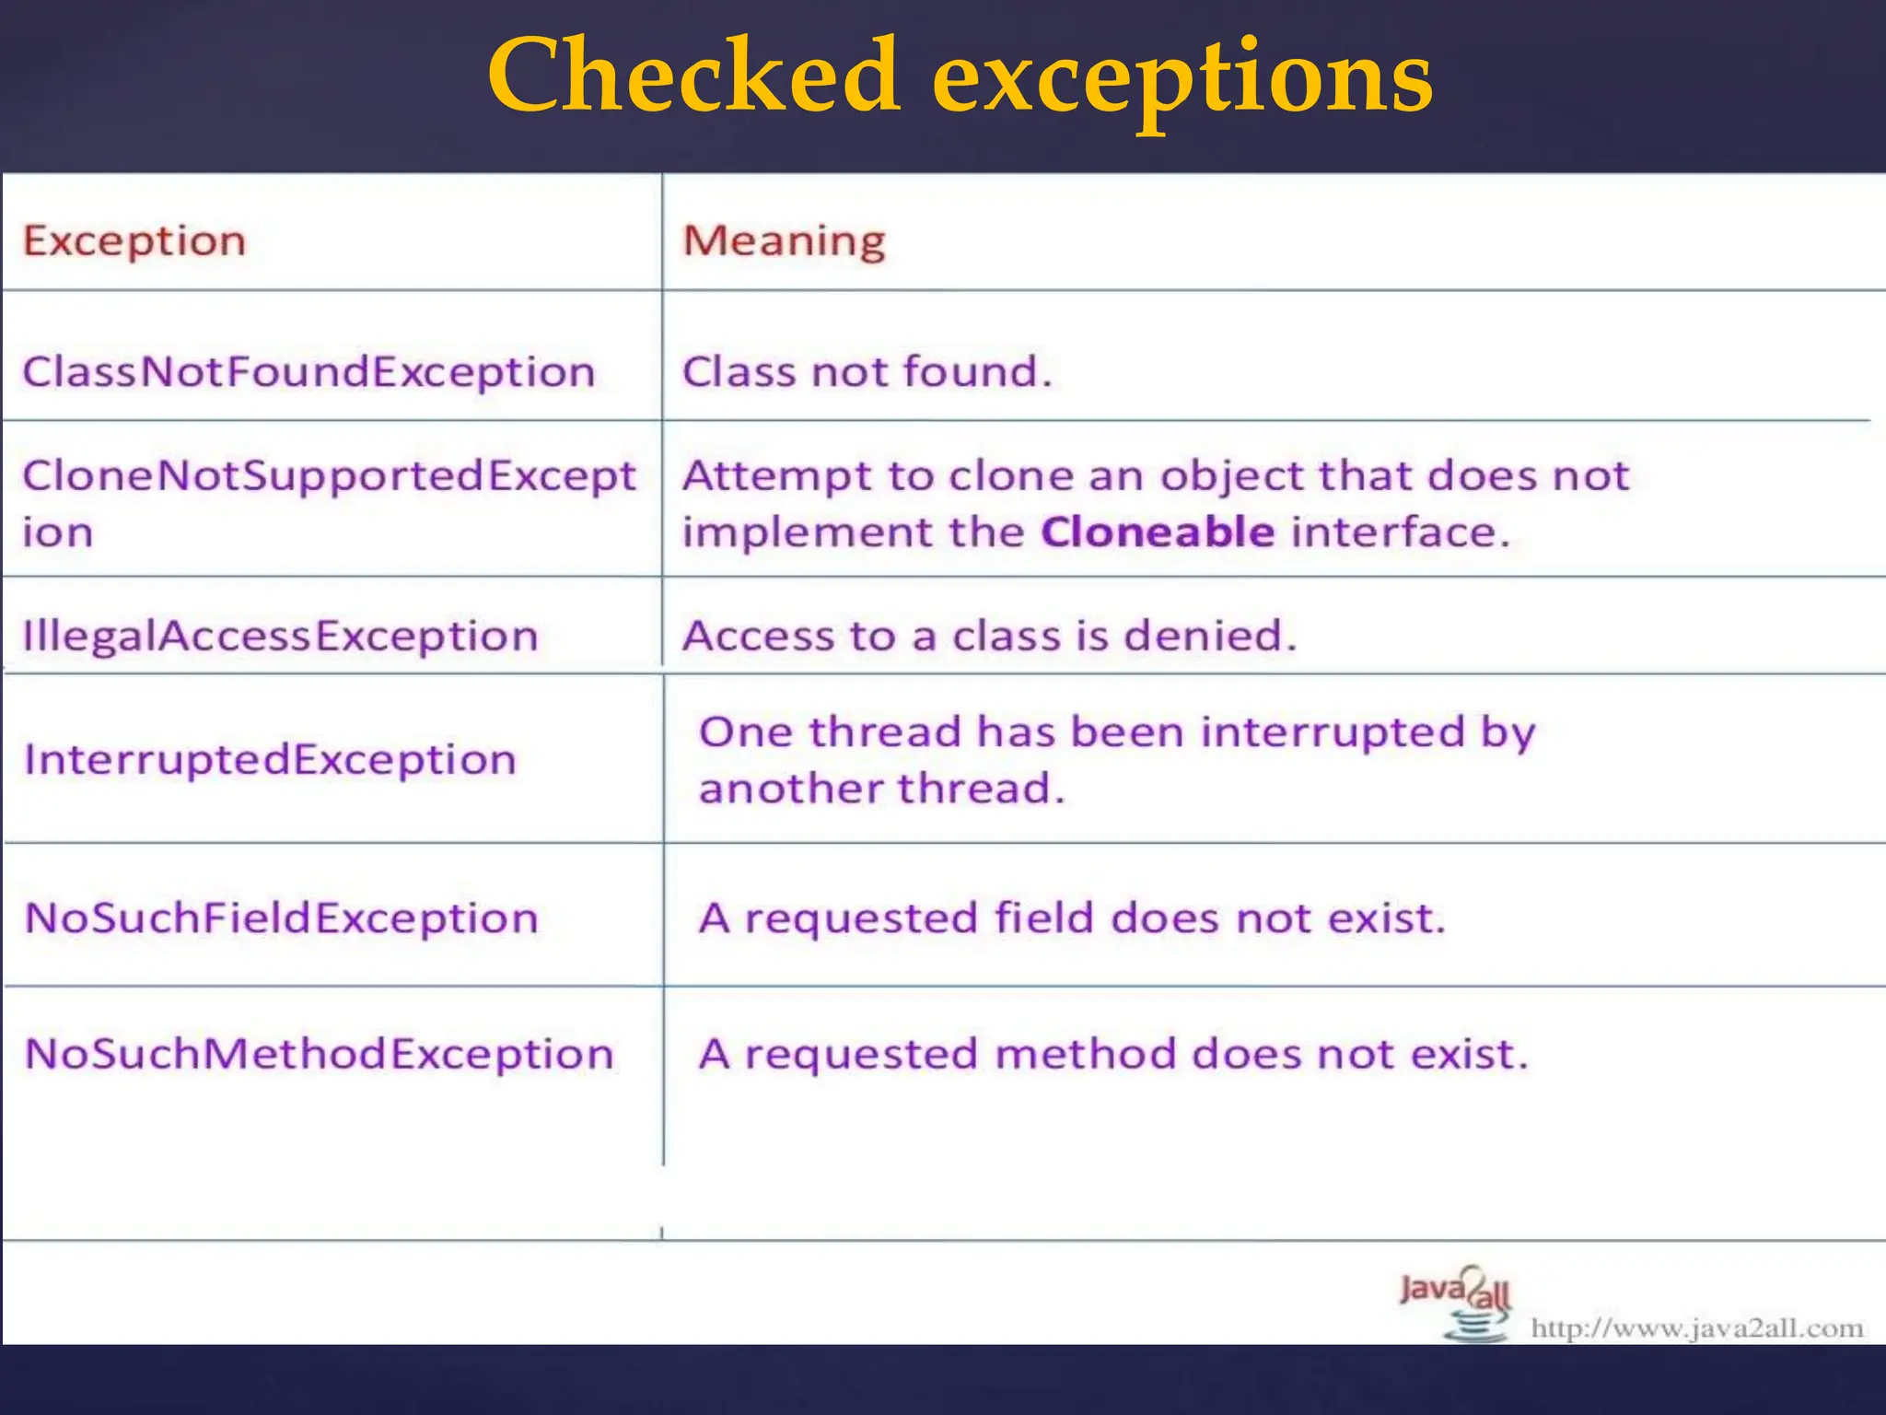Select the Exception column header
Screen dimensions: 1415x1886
[x=134, y=241]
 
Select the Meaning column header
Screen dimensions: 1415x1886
[x=784, y=241]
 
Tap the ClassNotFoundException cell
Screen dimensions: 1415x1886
[x=309, y=372]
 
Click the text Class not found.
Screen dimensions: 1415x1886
[x=866, y=372]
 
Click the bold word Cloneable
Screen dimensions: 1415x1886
[x=1158, y=532]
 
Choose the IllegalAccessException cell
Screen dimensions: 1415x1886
[x=280, y=637]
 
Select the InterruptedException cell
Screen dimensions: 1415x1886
[x=270, y=760]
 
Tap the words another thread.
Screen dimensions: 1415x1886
[x=881, y=789]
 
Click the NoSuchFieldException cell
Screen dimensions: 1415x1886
[x=281, y=918]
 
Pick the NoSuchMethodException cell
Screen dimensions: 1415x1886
[x=319, y=1054]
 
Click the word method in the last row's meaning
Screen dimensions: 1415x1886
[x=1085, y=1054]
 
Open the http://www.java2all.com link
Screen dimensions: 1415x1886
[x=1696, y=1328]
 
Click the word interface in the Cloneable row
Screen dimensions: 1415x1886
[x=1399, y=532]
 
